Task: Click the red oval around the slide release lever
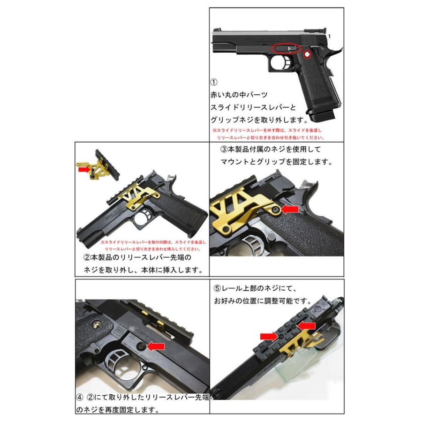pos(286,48)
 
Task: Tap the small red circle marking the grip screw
pos(307,55)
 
